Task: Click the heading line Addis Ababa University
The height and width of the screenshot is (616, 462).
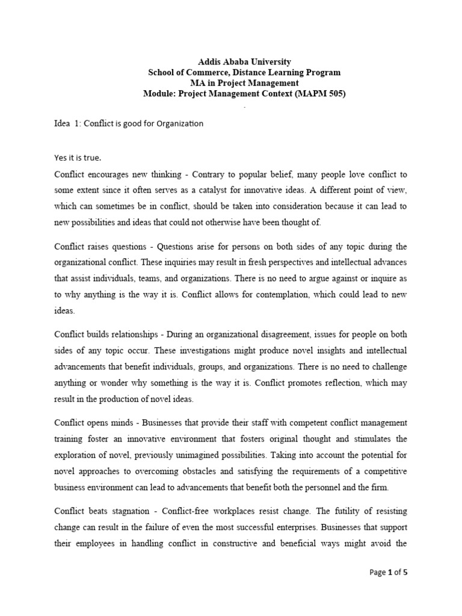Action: click(x=244, y=62)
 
